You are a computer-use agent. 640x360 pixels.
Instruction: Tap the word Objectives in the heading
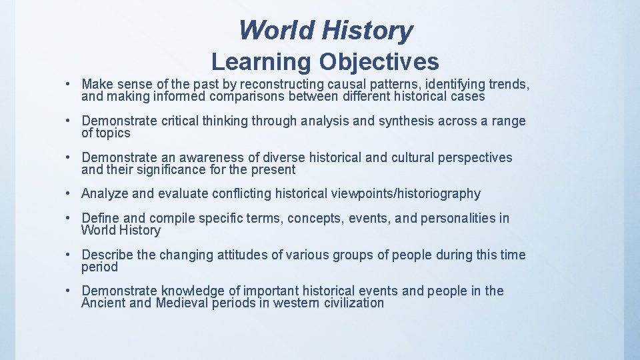point(378,62)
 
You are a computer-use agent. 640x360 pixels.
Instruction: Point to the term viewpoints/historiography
point(405,194)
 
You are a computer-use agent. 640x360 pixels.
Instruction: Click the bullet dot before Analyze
point(69,194)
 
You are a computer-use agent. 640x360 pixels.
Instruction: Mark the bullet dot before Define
point(69,219)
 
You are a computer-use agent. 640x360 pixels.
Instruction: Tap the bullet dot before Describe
point(69,255)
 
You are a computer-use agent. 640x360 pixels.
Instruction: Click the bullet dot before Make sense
point(69,85)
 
